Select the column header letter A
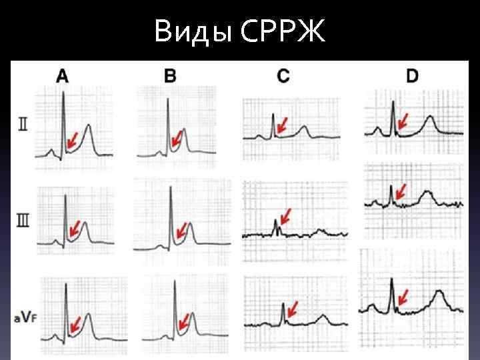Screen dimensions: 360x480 [x=62, y=76]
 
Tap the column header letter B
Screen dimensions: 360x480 [x=171, y=76]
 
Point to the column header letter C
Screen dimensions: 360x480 [x=283, y=76]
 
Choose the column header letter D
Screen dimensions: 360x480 [x=412, y=76]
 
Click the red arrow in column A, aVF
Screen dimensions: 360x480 [x=75, y=323]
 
